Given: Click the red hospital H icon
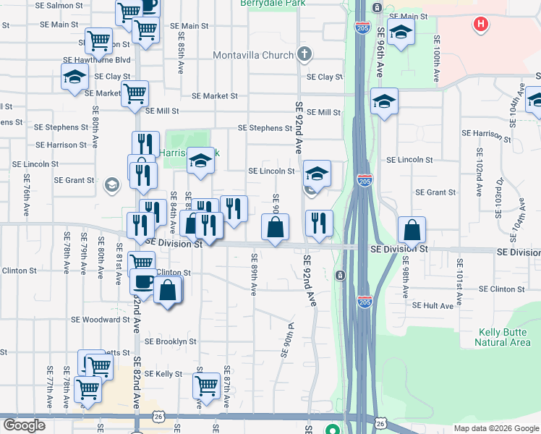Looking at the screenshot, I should tap(480, 25).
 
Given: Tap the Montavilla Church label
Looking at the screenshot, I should tap(253, 55).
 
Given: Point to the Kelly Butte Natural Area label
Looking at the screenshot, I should tap(504, 337).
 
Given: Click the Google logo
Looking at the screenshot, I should tap(24, 425).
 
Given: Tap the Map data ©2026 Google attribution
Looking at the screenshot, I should tap(496, 428).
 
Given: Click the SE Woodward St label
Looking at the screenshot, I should tap(100, 319).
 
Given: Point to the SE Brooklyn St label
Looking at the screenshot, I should tap(171, 341).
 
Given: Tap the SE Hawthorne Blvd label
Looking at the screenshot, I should tap(96, 60).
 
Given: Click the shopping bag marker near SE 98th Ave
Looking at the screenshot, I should tap(412, 230).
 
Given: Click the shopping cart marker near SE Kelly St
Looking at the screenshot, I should tap(207, 386).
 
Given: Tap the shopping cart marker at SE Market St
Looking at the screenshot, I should tap(135, 93).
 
